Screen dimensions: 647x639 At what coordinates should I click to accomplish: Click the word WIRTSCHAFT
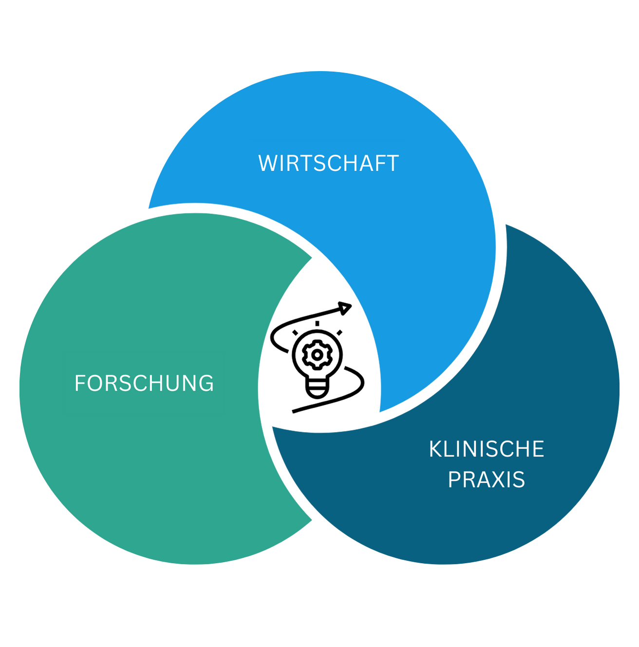(x=328, y=163)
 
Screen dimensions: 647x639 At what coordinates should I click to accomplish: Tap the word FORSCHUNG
(x=144, y=383)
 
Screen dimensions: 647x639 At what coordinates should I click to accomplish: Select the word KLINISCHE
(x=486, y=449)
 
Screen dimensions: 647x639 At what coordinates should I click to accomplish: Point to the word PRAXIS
(x=486, y=480)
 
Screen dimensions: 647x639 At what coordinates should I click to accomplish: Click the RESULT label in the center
(x=319, y=367)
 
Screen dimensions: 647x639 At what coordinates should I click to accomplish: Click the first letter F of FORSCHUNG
(x=80, y=383)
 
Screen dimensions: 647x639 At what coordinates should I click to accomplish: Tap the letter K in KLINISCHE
(x=435, y=449)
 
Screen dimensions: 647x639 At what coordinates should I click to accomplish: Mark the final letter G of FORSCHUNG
(x=207, y=383)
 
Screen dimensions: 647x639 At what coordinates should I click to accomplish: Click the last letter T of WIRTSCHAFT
(x=393, y=163)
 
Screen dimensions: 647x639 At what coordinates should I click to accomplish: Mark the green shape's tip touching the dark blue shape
(x=312, y=521)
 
